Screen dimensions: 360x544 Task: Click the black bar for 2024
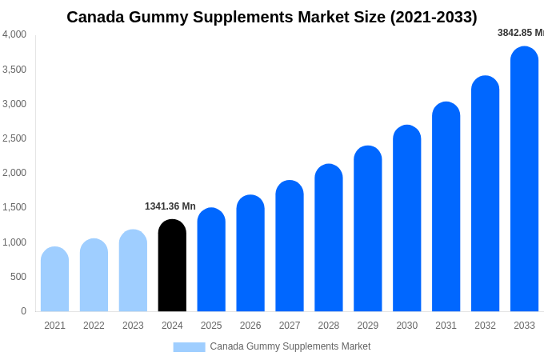point(172,266)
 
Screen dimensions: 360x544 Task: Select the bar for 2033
point(524,179)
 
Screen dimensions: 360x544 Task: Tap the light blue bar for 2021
point(54,279)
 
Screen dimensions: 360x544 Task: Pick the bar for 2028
point(329,238)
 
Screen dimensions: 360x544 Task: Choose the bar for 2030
point(407,218)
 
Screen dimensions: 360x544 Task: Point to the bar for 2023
point(133,270)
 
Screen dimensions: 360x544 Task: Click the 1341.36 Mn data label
point(170,206)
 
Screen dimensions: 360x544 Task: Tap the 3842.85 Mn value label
point(520,33)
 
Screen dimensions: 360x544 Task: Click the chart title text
point(271,17)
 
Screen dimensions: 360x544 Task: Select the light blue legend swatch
point(189,347)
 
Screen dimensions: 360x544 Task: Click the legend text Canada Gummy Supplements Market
point(290,346)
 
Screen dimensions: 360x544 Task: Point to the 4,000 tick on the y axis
point(14,34)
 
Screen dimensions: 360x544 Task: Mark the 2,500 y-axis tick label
point(14,138)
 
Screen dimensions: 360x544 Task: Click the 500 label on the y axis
point(18,277)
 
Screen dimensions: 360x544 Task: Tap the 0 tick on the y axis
point(23,311)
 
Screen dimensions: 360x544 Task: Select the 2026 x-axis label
point(250,326)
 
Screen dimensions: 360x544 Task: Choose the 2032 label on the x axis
point(485,326)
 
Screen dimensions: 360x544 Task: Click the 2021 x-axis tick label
point(54,326)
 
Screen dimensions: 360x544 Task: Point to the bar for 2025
point(211,260)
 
